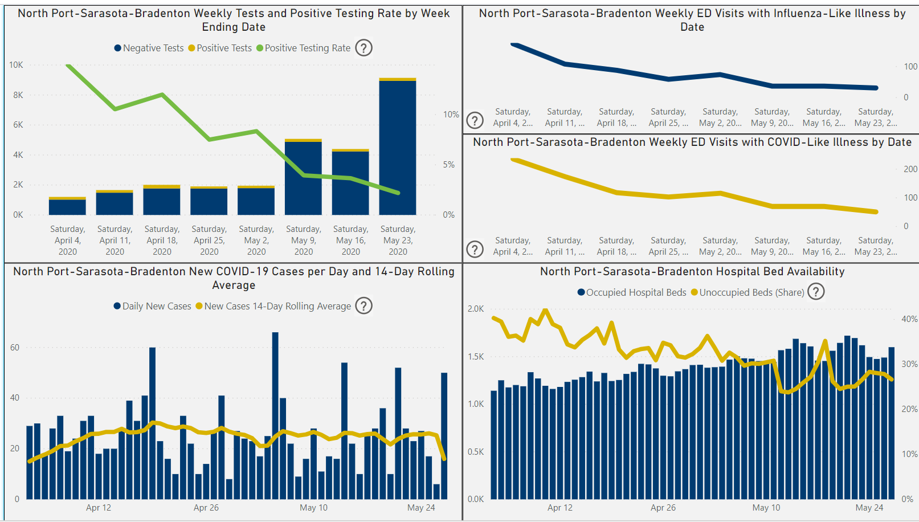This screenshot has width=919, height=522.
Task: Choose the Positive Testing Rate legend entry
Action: [307, 48]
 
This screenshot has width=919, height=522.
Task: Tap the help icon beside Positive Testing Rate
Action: [363, 48]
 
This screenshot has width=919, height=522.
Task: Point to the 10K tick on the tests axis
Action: [16, 65]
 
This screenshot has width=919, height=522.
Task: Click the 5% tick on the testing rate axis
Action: [449, 165]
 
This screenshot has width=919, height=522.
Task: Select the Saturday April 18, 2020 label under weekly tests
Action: [162, 240]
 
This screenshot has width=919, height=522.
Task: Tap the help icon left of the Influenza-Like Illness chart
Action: [475, 120]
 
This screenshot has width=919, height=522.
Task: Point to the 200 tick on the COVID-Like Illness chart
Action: [910, 169]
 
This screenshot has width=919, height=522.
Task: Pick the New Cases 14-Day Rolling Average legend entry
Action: [277, 307]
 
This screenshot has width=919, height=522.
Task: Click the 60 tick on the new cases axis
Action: [15, 348]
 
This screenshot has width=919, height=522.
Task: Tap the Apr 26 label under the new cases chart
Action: [206, 508]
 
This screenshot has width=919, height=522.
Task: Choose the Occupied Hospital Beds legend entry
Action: [636, 292]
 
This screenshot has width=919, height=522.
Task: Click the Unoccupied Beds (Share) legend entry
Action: [751, 292]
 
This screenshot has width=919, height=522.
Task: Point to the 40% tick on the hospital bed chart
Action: [909, 319]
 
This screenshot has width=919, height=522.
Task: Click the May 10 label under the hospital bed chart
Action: [766, 508]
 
